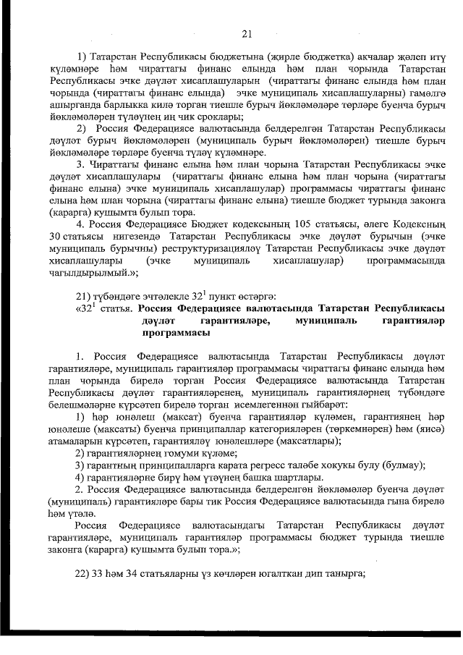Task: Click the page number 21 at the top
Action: click(x=246, y=33)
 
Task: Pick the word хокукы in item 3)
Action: click(x=350, y=464)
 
